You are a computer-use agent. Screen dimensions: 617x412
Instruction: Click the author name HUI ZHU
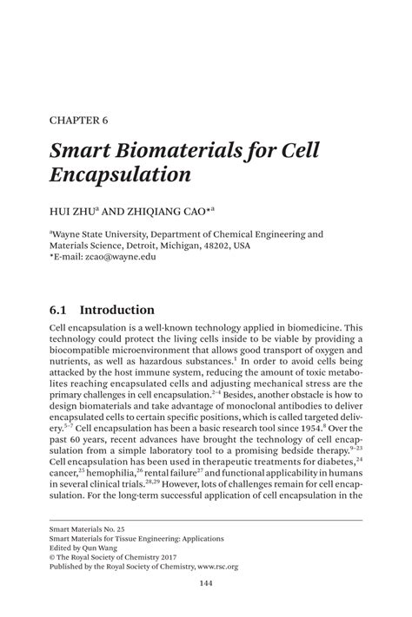pos(70,209)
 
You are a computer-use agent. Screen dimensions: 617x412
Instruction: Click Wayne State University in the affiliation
pos(104,233)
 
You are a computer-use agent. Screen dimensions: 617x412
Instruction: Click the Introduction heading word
pos(117,310)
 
